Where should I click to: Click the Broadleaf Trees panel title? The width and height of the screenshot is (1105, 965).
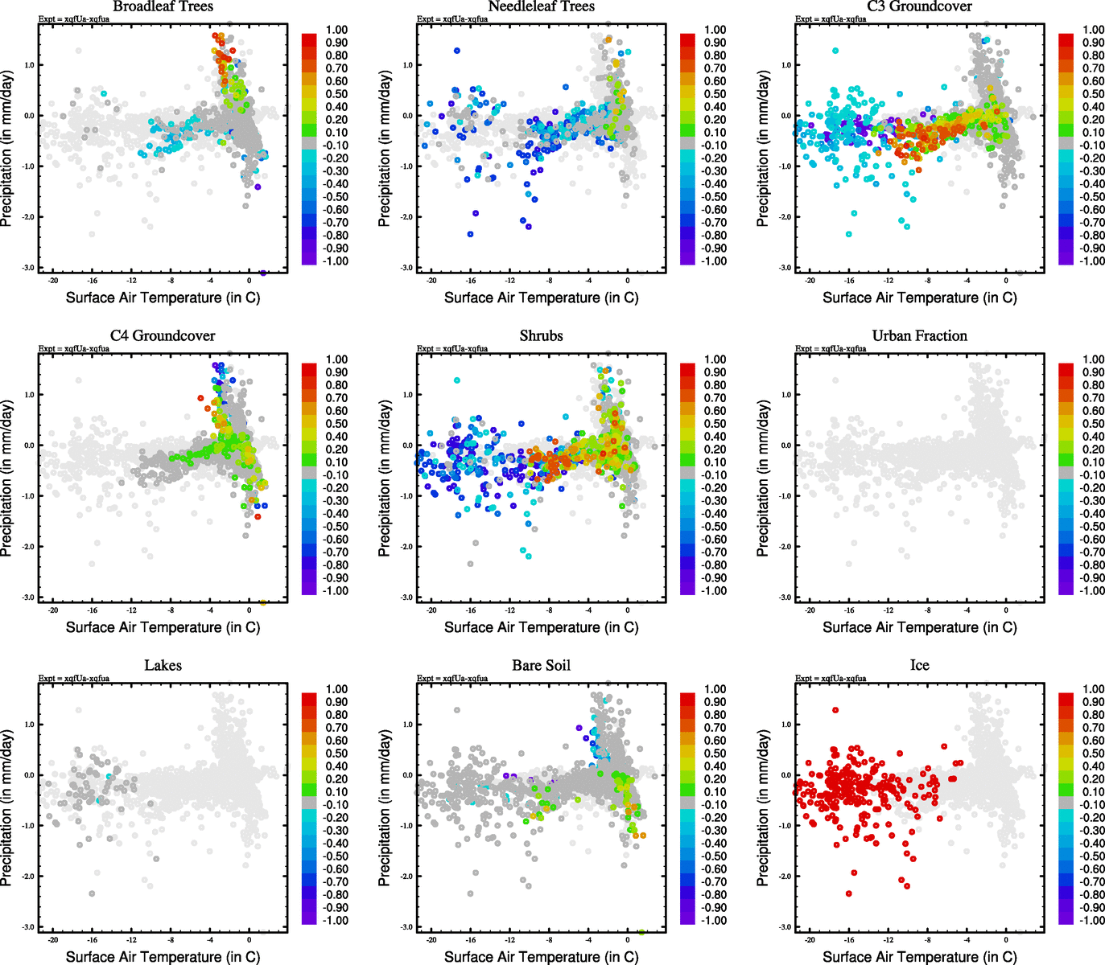[x=163, y=6]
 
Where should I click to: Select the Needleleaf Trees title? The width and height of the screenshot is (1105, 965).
[x=541, y=6]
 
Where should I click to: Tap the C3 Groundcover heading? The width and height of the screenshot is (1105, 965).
[x=919, y=6]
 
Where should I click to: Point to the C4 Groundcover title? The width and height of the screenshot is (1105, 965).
[x=163, y=335]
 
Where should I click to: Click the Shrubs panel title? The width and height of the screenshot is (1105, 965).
[x=541, y=335]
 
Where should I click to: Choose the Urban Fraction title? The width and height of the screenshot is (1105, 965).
[x=919, y=335]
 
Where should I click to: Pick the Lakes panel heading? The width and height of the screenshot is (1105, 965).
[x=163, y=665]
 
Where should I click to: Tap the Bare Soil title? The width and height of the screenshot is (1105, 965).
[x=541, y=665]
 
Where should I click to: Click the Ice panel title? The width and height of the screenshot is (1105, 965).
[x=919, y=665]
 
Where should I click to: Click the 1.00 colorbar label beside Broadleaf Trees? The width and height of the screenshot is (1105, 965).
[x=336, y=30]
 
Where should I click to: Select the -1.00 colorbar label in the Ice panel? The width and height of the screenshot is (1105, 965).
[x=1091, y=920]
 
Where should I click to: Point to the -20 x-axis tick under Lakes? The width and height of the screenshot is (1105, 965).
[x=53, y=939]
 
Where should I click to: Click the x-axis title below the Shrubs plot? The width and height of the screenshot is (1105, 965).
[x=541, y=627]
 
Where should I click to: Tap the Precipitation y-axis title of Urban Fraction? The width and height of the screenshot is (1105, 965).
[x=763, y=479]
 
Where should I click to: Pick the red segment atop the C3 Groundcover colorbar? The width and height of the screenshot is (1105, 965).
[x=1066, y=40]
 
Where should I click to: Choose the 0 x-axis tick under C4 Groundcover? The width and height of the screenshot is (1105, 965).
[x=249, y=610]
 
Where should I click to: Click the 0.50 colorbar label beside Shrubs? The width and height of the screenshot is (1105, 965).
[x=715, y=424]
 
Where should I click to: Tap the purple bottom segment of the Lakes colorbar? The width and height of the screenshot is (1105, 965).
[x=309, y=918]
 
